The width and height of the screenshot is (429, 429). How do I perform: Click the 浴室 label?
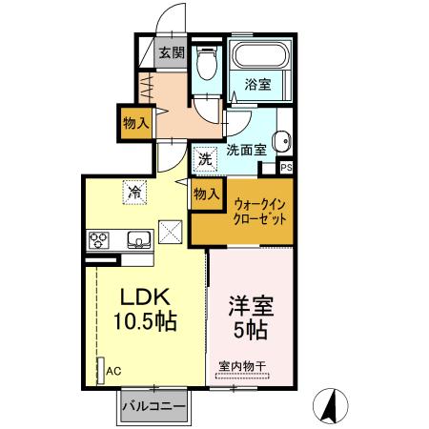coord(257,84)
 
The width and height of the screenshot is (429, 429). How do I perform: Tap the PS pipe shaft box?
coord(285,167)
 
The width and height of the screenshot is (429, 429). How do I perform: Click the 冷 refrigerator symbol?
coord(135,191)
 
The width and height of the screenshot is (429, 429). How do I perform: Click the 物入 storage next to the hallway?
coord(135,121)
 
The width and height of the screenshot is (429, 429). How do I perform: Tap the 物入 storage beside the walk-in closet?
coord(206,194)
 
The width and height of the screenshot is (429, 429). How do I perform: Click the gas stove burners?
coord(100,239)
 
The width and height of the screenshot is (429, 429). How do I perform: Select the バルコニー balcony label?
coord(153,409)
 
